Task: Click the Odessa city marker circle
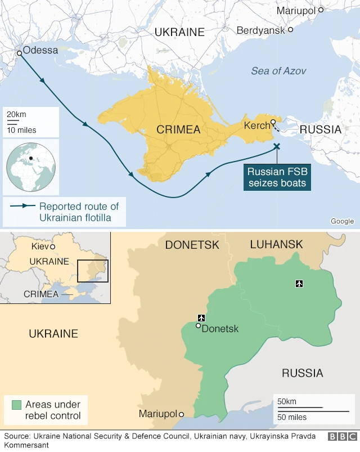point(19,53)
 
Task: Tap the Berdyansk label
point(260,30)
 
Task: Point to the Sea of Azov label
point(278,71)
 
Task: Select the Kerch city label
point(257,126)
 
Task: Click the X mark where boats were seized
point(276,146)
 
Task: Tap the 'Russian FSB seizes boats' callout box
point(277,177)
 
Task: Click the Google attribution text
point(342,221)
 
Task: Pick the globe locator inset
point(31,168)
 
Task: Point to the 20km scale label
point(16,114)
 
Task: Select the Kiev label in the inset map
point(40,247)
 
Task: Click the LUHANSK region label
point(276,244)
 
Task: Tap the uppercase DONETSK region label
point(192,245)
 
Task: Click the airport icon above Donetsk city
point(201,318)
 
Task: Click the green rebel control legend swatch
point(16,405)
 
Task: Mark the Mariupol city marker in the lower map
point(181,414)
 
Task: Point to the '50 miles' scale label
point(291,417)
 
